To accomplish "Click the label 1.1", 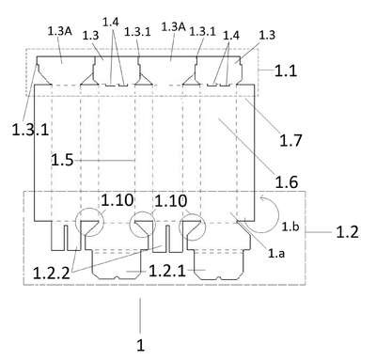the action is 286,70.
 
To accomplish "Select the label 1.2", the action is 347,232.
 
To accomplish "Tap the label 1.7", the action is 290,140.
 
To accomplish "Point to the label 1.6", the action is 287,182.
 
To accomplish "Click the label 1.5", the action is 62,161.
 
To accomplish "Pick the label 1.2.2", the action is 52,274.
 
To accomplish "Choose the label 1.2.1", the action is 167,271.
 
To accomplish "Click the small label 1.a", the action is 276,253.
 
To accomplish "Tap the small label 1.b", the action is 290,227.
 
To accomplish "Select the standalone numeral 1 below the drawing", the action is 141,345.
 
